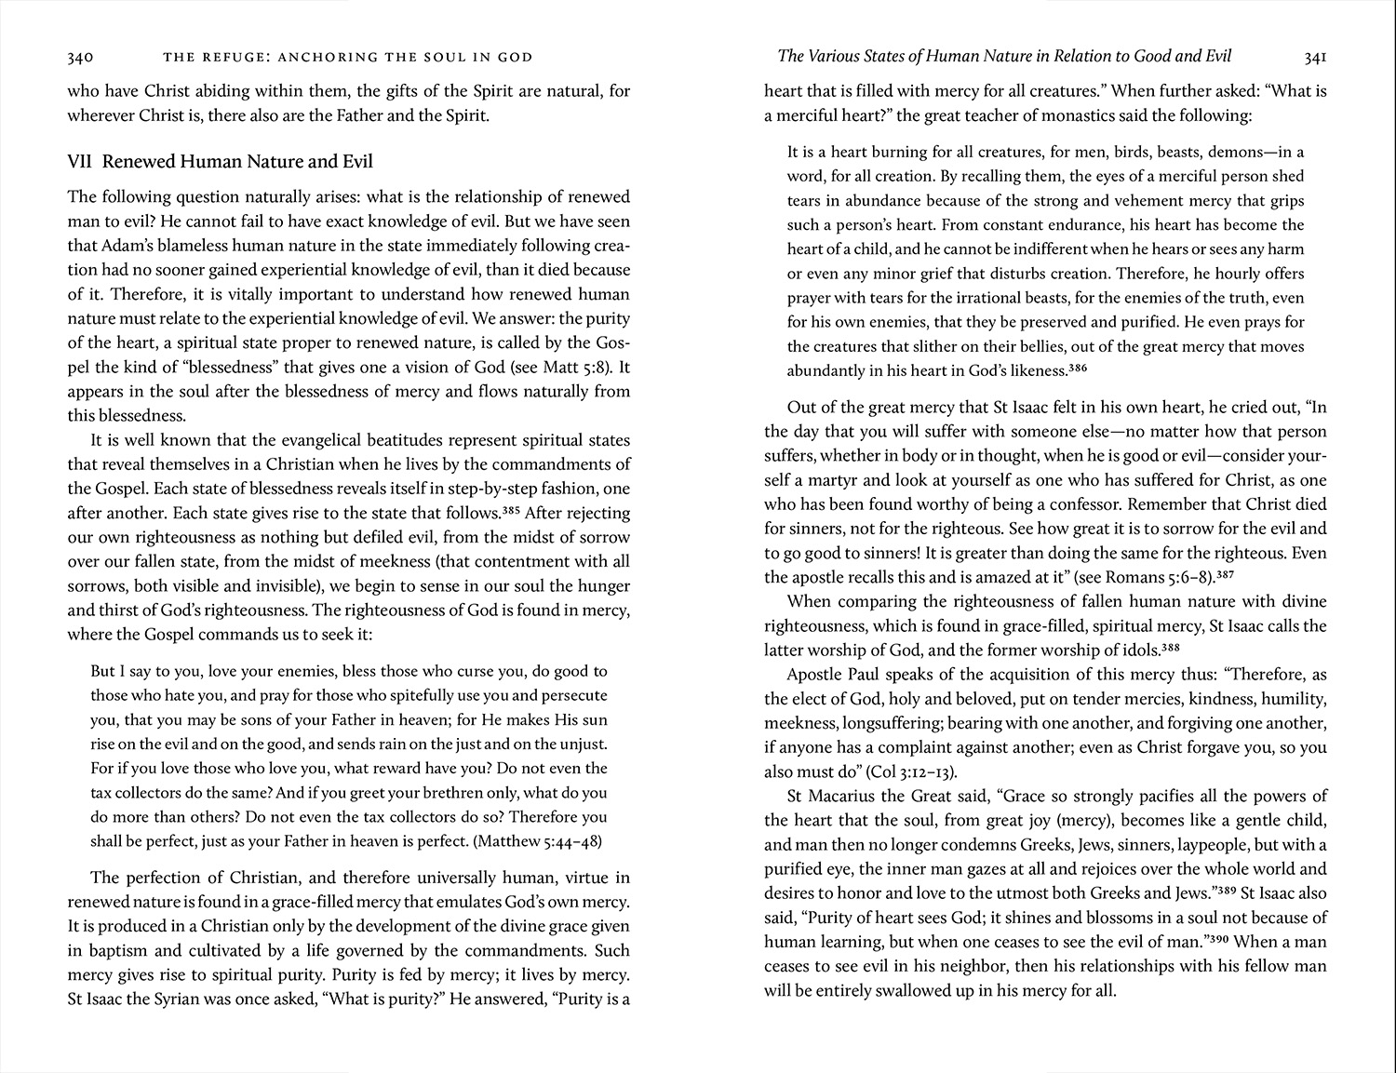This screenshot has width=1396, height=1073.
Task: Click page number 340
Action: tap(80, 58)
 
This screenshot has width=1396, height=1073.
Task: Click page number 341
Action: tap(1315, 58)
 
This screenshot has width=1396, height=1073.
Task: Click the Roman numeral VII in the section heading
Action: tap(79, 162)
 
